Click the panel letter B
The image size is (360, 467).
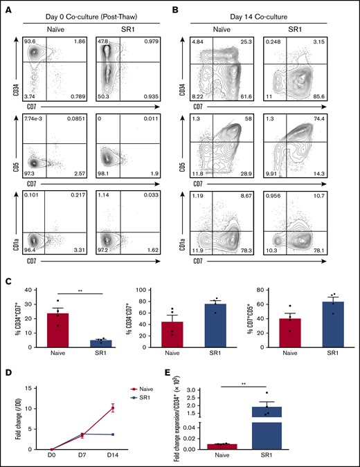tap(188, 9)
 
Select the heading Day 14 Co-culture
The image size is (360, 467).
tap(272, 10)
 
